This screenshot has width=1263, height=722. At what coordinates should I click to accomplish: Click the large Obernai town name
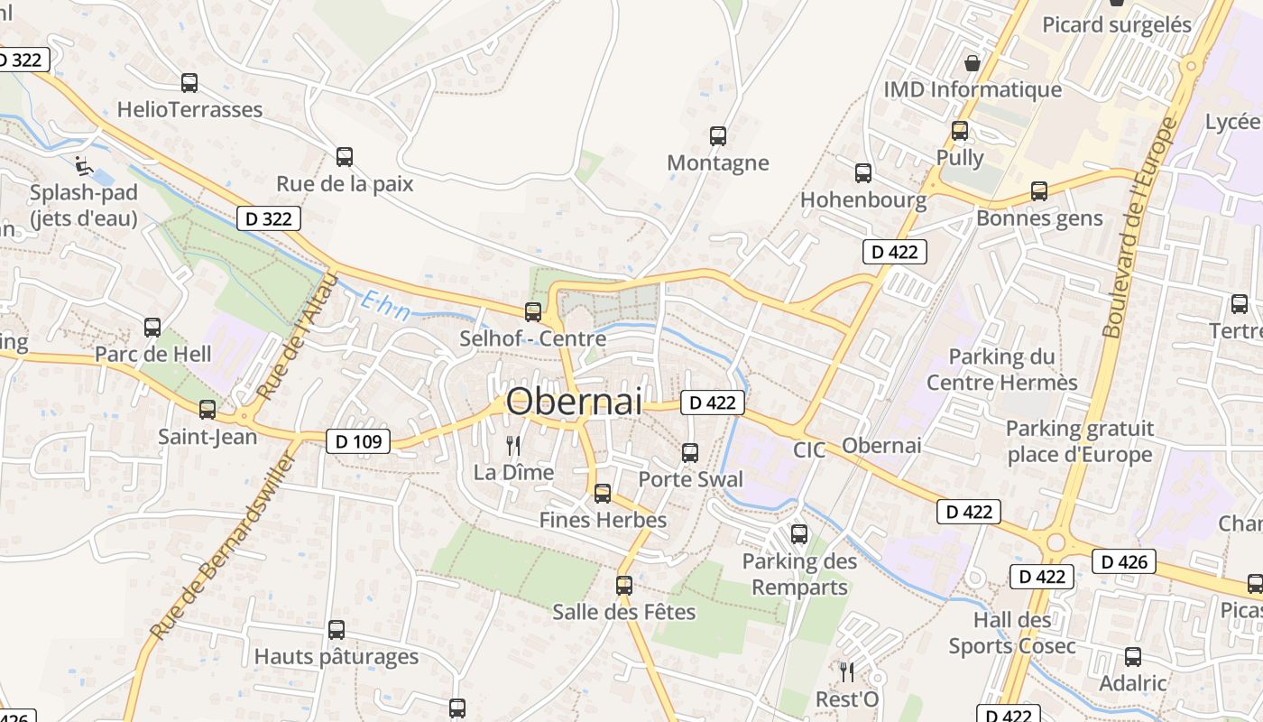(x=575, y=402)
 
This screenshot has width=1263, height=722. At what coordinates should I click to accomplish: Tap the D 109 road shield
(x=357, y=441)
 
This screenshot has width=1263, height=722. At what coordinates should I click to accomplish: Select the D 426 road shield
(x=1124, y=562)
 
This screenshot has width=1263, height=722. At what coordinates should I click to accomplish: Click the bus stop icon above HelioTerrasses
(x=189, y=83)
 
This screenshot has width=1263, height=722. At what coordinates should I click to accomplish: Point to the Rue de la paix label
(x=345, y=184)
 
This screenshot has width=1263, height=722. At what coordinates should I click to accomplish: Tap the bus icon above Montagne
(x=718, y=136)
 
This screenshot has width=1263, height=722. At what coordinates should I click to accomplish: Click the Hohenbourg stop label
(x=863, y=199)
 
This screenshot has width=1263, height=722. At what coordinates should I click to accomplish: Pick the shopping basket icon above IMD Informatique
(x=973, y=63)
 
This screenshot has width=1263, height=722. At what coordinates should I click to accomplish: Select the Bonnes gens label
(x=1039, y=218)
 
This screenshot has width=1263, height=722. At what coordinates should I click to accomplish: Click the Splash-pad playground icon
(x=84, y=165)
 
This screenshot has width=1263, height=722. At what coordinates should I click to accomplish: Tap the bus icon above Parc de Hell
(x=152, y=328)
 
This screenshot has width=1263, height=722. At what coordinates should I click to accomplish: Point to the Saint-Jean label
(x=207, y=437)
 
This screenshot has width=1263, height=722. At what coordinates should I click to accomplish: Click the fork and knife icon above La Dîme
(x=513, y=445)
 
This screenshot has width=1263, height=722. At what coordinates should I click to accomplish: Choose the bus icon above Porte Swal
(x=690, y=453)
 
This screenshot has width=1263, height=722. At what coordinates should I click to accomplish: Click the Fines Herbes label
(x=603, y=520)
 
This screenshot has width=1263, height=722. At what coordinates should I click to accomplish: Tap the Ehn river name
(x=385, y=306)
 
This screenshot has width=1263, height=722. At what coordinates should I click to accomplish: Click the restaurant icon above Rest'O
(x=846, y=672)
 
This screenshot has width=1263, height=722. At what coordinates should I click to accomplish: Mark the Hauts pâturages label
(x=336, y=656)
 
